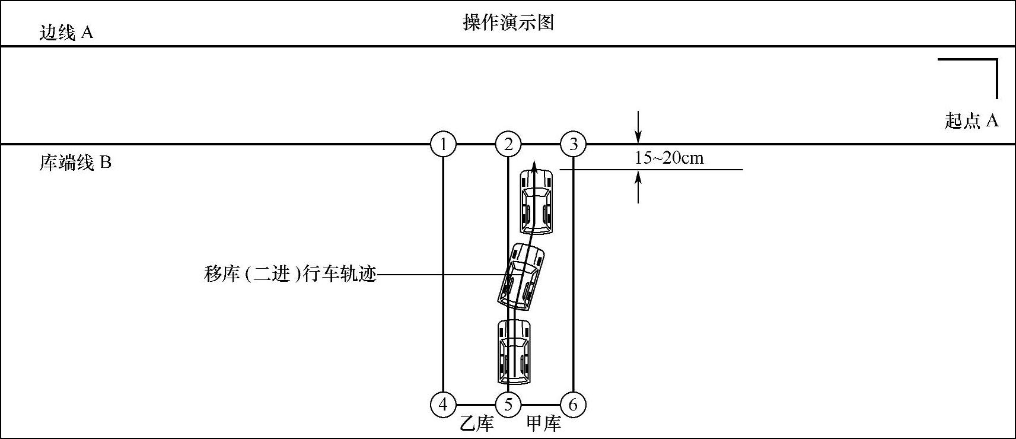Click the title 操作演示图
[x=508, y=23]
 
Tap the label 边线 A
[x=66, y=33]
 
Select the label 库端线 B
[x=75, y=163]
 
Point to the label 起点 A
[x=971, y=121]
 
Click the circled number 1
[x=443, y=144]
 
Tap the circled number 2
[x=508, y=144]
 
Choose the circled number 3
[x=573, y=144]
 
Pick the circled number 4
[x=443, y=405]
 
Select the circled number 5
[x=508, y=405]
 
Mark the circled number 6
[x=573, y=405]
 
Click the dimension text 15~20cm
[x=669, y=158]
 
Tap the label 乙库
[x=477, y=424]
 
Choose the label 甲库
[x=543, y=424]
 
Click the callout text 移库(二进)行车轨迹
[x=290, y=275]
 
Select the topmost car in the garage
[x=536, y=202]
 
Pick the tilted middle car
[x=521, y=277]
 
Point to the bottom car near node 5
[x=514, y=352]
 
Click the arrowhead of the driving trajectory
[x=534, y=164]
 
